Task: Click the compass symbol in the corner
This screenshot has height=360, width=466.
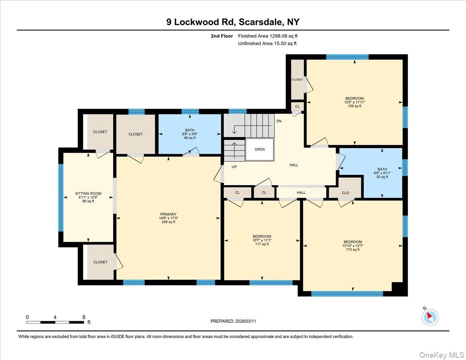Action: (x=430, y=317)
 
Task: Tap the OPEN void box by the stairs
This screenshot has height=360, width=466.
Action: (x=260, y=150)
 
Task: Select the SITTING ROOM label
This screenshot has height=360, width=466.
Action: (x=88, y=193)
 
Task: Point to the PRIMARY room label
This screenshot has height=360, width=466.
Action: (x=168, y=214)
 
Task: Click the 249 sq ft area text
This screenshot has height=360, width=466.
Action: (x=168, y=222)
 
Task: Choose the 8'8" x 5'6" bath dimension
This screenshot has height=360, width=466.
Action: (x=190, y=134)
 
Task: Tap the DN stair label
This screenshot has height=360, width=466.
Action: (x=279, y=121)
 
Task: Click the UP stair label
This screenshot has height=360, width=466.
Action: (x=234, y=167)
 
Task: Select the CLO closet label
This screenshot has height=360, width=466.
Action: (x=345, y=193)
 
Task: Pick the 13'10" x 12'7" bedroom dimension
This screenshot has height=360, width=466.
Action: (x=353, y=246)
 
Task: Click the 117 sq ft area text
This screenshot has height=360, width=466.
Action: (x=262, y=244)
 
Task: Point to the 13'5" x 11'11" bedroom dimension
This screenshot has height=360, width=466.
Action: (x=355, y=102)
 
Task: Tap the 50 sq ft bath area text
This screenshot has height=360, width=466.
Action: (x=382, y=177)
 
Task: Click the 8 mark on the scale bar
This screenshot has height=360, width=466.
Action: (x=83, y=317)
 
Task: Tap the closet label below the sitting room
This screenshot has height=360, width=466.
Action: (x=100, y=262)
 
